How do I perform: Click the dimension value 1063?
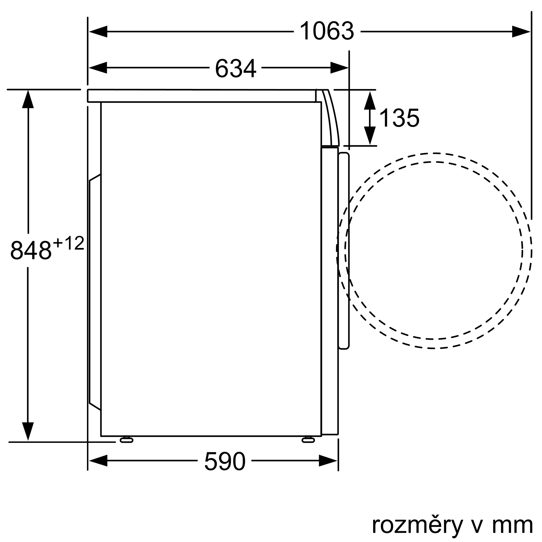[x=327, y=31]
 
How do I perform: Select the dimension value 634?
[x=236, y=68]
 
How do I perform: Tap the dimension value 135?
[x=399, y=118]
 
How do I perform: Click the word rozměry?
[x=417, y=525]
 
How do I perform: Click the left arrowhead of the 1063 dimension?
[x=98, y=32]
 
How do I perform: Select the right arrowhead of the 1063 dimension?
[x=521, y=32]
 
